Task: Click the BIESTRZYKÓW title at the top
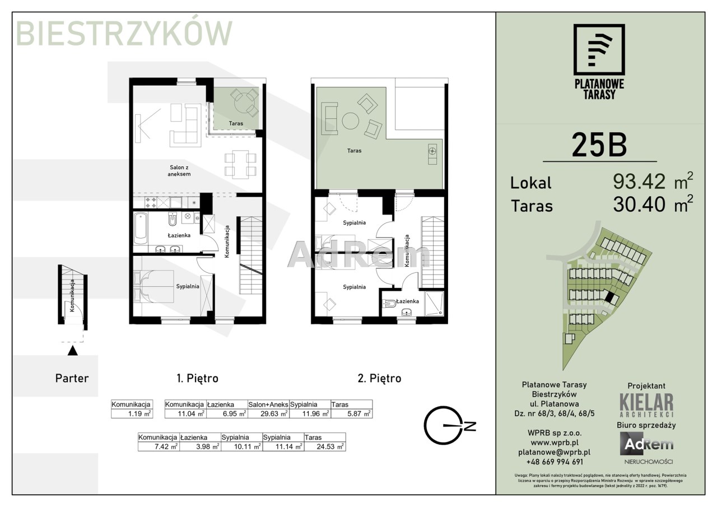(x=124, y=33)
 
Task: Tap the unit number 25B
(x=599, y=145)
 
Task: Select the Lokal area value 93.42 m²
(x=653, y=181)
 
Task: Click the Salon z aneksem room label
(x=180, y=171)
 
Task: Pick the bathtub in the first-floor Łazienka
(x=140, y=227)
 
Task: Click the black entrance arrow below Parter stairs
(x=73, y=351)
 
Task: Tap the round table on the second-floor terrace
(x=351, y=121)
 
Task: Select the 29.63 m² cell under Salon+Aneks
(x=268, y=413)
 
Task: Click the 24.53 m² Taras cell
(x=325, y=446)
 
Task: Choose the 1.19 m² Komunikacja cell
(x=132, y=413)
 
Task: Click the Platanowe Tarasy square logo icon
(x=599, y=54)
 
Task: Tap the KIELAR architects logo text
(x=646, y=405)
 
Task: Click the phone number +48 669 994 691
(x=555, y=462)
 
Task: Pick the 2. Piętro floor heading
(x=379, y=378)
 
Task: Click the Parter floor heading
(x=72, y=378)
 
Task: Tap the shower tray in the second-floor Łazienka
(x=434, y=303)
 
